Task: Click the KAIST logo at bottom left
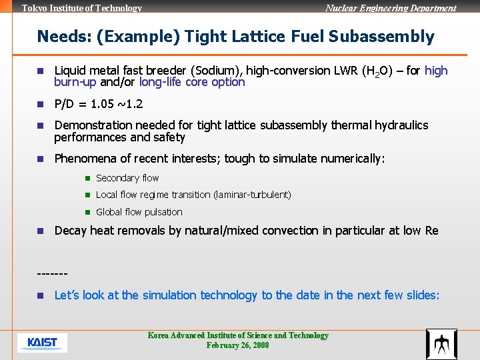[42, 343]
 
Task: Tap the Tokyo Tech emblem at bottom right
[441, 344]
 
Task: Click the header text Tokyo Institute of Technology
[82, 8]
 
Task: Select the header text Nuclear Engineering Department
[391, 8]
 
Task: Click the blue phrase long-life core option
[192, 83]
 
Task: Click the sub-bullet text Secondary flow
[127, 178]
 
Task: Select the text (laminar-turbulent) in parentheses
[252, 195]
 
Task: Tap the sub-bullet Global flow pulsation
[139, 212]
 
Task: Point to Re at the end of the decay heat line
[431, 231]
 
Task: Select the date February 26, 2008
[237, 345]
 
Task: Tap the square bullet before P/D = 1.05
[40, 105]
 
